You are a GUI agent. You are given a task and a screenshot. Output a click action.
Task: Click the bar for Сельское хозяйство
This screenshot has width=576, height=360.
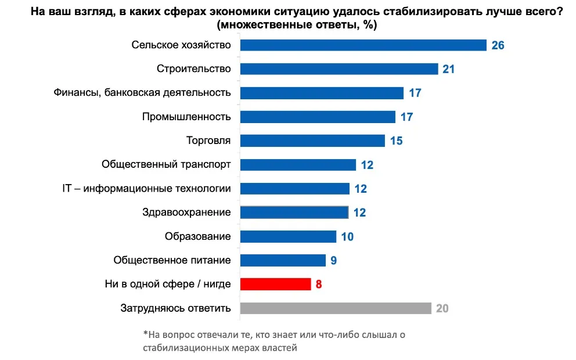[363, 45]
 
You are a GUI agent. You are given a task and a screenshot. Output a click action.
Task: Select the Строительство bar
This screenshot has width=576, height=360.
[339, 69]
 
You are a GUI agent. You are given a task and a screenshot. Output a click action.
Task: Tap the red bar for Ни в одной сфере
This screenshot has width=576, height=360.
[275, 284]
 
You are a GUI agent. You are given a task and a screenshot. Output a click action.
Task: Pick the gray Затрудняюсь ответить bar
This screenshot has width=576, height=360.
[336, 308]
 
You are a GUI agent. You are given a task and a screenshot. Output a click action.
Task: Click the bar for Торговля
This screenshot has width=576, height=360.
[312, 141]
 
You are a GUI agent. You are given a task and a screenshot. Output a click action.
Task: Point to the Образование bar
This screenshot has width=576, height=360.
[288, 236]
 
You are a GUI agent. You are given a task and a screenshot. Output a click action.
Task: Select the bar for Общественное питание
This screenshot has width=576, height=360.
[283, 260]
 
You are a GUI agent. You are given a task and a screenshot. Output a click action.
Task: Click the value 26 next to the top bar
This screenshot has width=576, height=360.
[498, 45]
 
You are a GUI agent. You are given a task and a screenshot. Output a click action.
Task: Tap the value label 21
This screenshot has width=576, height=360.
[448, 69]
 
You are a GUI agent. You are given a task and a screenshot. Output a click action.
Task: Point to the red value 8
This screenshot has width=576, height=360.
[319, 285]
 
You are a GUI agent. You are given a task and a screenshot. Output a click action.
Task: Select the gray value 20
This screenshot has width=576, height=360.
[442, 308]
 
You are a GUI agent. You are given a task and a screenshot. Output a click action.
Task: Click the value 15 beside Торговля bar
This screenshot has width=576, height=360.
[396, 141]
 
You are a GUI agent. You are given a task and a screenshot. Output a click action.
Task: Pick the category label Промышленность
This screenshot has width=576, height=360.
[186, 117]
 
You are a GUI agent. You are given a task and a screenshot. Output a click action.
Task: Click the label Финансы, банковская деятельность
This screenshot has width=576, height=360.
[142, 93]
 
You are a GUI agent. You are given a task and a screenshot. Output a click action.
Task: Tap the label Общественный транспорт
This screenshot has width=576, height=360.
[166, 164]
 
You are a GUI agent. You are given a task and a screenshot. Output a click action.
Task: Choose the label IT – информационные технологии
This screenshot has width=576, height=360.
[146, 188]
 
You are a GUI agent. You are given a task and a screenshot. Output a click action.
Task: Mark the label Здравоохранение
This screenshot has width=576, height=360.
[186, 213]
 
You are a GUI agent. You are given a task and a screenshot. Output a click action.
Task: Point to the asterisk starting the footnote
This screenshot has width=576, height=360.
[145, 334]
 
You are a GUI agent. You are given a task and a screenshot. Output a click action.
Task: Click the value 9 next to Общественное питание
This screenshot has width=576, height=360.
[334, 260]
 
